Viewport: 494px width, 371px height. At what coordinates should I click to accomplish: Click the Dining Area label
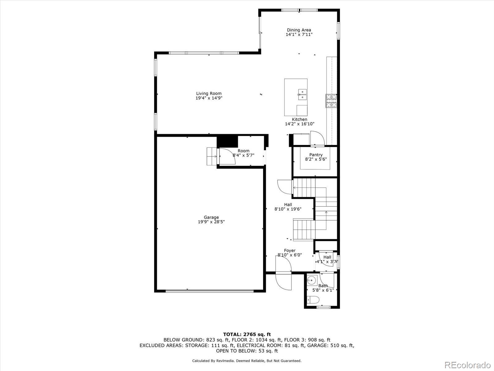point(299,30)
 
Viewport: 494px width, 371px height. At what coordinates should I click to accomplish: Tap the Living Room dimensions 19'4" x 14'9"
point(209,98)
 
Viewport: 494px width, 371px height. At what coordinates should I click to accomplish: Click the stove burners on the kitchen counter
point(331,101)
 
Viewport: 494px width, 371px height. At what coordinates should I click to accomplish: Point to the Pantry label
point(316,155)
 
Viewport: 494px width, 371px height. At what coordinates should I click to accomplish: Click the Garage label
point(211,217)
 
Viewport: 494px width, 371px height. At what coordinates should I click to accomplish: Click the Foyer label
point(290,250)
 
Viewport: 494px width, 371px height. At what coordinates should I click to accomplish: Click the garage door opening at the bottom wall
point(209,291)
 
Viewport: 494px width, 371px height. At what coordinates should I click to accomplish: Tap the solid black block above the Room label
point(228,142)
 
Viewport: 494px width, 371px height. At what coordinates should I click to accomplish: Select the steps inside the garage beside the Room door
point(212,156)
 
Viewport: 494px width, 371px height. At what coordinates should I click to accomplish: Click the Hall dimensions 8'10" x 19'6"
point(288,209)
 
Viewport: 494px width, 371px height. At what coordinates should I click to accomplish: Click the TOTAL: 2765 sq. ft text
point(247,334)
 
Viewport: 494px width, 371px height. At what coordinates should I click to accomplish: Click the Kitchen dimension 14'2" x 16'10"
point(299,124)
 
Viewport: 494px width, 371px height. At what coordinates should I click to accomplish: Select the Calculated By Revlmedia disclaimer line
point(247,361)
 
